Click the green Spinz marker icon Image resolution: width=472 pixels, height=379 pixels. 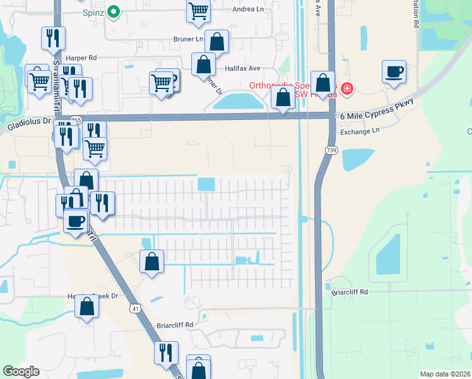(114, 11)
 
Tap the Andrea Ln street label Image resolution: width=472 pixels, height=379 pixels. (247, 9)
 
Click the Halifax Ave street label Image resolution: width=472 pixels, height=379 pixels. (242, 68)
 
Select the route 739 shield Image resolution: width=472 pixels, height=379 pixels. (331, 150)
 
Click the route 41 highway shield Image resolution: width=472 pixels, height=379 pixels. (136, 308)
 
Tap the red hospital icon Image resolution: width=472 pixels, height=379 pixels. (346, 90)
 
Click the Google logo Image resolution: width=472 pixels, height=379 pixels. (21, 371)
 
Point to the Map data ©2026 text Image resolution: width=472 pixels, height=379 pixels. (445, 374)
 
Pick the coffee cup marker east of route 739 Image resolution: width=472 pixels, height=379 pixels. (394, 71)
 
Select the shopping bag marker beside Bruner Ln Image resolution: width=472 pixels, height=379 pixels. (216, 42)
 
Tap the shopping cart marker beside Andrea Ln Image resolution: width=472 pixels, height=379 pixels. (198, 11)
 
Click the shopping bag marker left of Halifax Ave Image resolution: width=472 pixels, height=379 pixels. (203, 64)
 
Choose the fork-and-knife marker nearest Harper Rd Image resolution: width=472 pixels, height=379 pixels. (53, 38)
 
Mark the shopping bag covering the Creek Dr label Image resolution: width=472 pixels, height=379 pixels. (87, 306)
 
